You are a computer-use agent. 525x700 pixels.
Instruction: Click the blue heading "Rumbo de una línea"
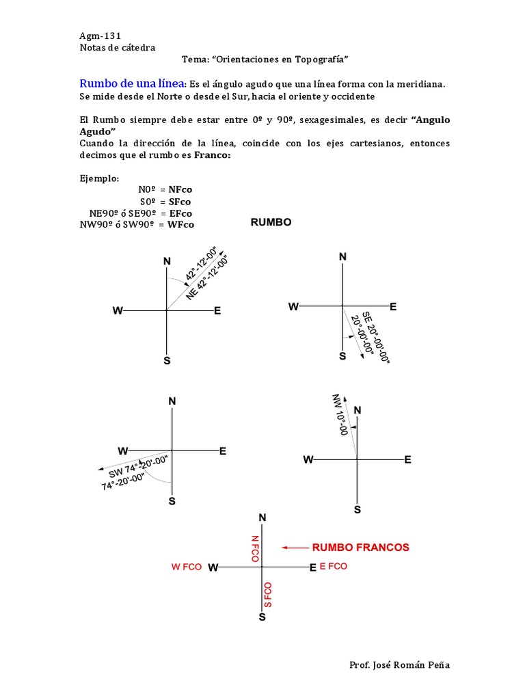click(132, 83)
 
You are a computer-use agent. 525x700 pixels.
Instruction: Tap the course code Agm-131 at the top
click(100, 36)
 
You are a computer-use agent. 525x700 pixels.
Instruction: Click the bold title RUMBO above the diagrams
click(271, 222)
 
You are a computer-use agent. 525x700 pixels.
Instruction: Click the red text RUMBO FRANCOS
click(361, 548)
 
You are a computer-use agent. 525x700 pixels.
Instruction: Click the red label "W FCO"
click(187, 567)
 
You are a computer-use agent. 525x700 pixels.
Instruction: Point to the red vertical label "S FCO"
click(268, 595)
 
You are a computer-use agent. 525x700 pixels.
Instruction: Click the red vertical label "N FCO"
click(255, 548)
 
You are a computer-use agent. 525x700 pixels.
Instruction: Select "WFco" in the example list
click(181, 224)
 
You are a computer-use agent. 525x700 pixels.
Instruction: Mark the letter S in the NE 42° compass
click(167, 360)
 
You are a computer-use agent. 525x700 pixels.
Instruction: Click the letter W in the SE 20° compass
click(293, 307)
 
